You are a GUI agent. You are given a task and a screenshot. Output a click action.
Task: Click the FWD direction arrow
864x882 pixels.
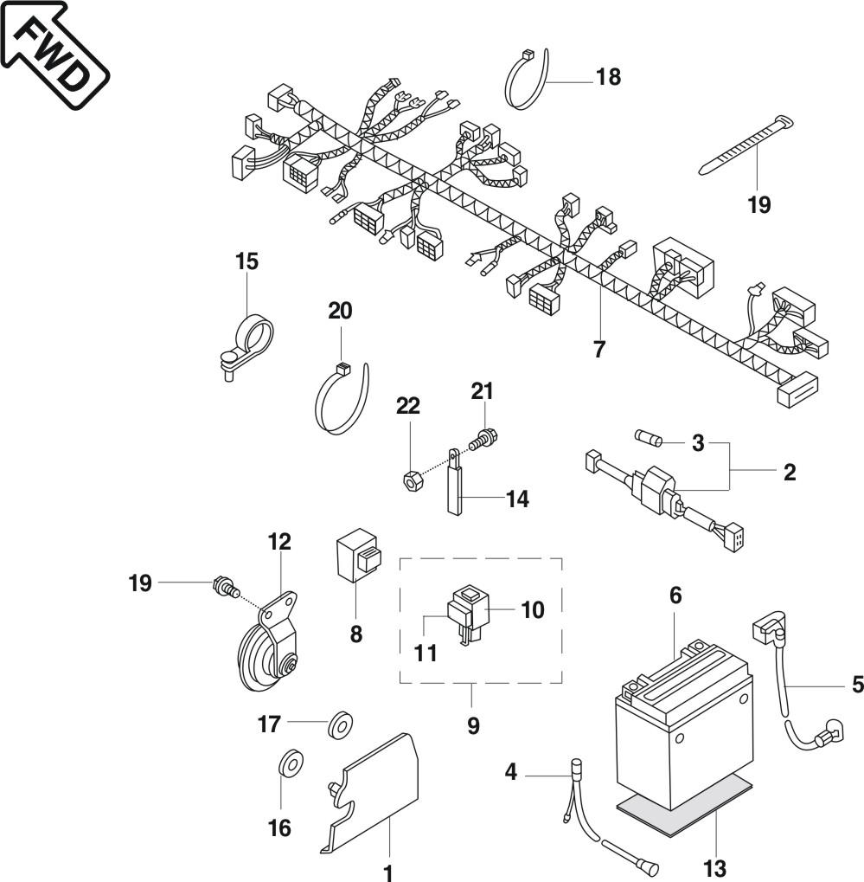point(54,54)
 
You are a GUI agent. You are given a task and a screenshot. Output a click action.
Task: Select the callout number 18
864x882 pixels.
point(608,76)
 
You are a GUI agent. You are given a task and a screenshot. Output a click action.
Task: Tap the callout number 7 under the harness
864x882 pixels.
point(599,350)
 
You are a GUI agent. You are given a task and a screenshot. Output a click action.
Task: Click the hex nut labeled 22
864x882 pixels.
point(412,481)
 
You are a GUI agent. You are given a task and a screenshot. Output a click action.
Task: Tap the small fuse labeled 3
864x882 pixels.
point(650,437)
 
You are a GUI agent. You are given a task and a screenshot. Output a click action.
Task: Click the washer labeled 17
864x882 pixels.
point(341,724)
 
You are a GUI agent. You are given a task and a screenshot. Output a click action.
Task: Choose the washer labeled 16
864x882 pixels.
point(291,762)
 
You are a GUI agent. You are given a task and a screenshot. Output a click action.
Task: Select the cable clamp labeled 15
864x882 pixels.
point(245,345)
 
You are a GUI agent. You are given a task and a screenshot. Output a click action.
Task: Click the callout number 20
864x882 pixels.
point(340,311)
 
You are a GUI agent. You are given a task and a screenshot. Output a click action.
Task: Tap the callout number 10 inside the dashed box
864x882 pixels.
point(533,609)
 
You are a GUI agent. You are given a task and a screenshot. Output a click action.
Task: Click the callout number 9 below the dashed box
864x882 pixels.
point(473,725)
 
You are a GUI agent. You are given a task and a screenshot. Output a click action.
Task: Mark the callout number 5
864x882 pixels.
point(857,685)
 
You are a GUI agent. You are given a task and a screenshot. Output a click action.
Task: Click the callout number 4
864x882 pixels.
point(510,772)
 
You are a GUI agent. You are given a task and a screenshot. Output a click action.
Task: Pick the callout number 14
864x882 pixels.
point(517,499)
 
